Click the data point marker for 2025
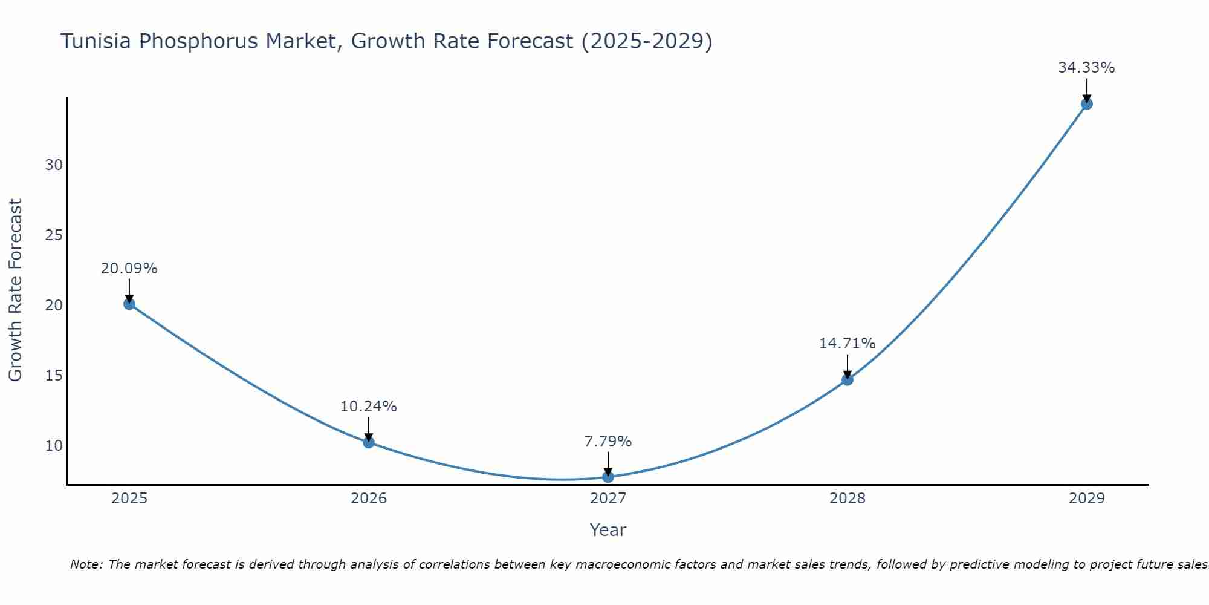[129, 304]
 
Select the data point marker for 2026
[369, 442]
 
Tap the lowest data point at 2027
[608, 477]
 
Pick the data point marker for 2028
[848, 379]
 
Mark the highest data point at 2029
[1086, 103]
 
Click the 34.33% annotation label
[1086, 68]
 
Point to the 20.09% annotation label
[129, 269]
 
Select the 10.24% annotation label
[368, 407]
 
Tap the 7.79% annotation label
[608, 442]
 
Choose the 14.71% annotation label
[847, 344]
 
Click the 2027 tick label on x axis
[608, 499]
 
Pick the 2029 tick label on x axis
[1086, 499]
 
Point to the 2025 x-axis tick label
[129, 499]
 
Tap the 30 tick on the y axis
[54, 165]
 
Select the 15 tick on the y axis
[54, 376]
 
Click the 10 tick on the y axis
[54, 446]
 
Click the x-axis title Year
[608, 530]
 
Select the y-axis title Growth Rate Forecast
[16, 290]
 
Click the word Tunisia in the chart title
[97, 42]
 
